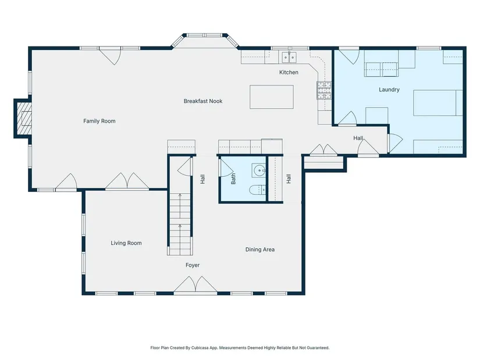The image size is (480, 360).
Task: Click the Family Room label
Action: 99,121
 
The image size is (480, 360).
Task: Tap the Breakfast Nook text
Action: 203,101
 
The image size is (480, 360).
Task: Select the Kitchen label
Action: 289,72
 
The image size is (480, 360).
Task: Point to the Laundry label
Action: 389,90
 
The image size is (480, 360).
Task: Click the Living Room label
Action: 126,243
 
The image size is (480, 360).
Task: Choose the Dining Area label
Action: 260,249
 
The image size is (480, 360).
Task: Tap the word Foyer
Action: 193,265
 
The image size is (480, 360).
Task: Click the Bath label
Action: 233,179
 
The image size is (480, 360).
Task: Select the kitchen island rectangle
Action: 272,97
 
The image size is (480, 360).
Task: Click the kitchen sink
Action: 289,56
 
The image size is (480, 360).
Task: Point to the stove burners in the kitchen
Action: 324,90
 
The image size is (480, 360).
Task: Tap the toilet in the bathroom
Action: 257,190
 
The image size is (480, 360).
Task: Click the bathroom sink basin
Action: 259,170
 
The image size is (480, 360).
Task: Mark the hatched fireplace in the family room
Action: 24,118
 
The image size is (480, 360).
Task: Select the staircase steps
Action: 180,223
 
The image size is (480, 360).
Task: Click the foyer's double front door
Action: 195,285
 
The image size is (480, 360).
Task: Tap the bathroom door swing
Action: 226,167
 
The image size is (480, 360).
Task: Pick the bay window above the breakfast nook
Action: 205,40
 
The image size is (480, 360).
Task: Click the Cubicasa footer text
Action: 240,348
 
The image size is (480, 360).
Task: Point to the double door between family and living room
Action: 127,181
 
